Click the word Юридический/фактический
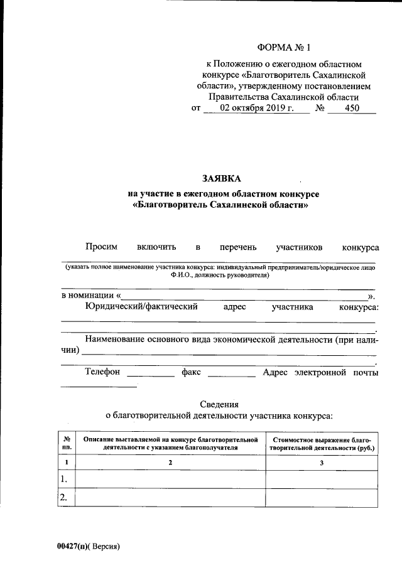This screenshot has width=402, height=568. tap(142, 306)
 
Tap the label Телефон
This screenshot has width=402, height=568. tap(102, 372)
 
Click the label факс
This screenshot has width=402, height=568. tap(191, 372)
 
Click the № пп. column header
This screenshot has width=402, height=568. tap(67, 444)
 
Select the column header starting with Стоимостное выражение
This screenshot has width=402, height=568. tap(322, 444)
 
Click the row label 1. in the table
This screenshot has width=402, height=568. tap(64, 480)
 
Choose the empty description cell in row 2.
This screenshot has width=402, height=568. tap(170, 498)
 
